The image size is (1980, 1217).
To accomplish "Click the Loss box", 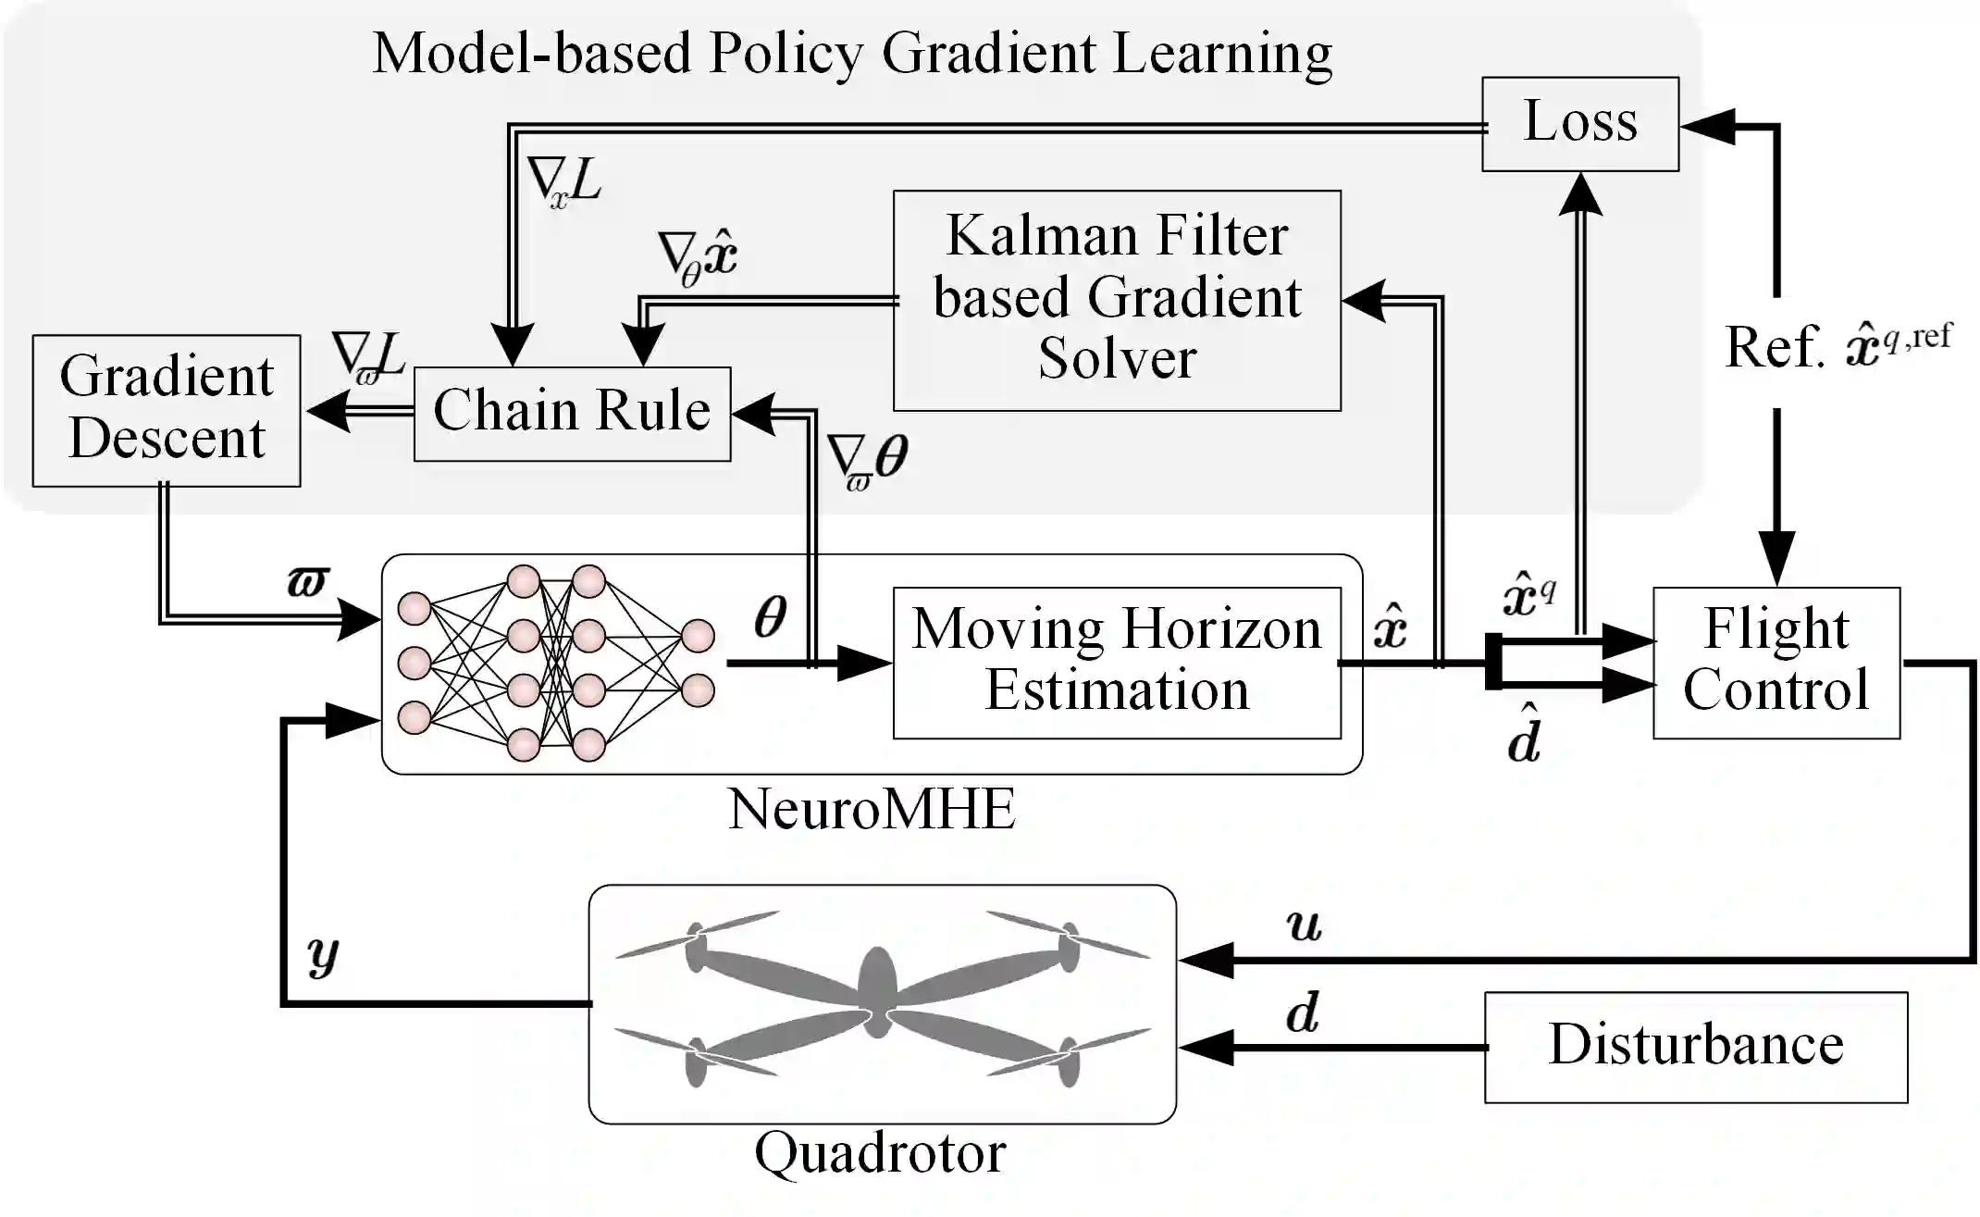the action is point(1580,124).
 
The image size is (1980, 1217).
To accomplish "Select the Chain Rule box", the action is point(572,414).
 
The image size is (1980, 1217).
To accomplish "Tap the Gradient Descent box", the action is point(167,411).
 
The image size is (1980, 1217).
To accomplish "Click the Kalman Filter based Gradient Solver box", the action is point(1117,301).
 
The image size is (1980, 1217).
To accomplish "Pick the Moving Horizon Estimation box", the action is point(1117,663).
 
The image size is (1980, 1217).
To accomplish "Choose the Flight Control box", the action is point(1776,663).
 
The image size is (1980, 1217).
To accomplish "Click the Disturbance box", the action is point(1696,1048).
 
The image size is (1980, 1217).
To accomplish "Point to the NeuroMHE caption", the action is point(872,809).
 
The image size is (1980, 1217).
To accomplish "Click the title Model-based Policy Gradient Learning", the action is point(852,54).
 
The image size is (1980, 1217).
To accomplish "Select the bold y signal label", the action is point(323,955).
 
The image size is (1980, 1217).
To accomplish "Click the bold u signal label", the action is point(1305,925).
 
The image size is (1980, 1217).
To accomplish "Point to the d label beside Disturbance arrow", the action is point(1303,1013).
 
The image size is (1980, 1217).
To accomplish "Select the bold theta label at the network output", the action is point(770,616).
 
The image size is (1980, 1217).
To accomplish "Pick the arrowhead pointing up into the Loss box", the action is point(1580,194).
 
